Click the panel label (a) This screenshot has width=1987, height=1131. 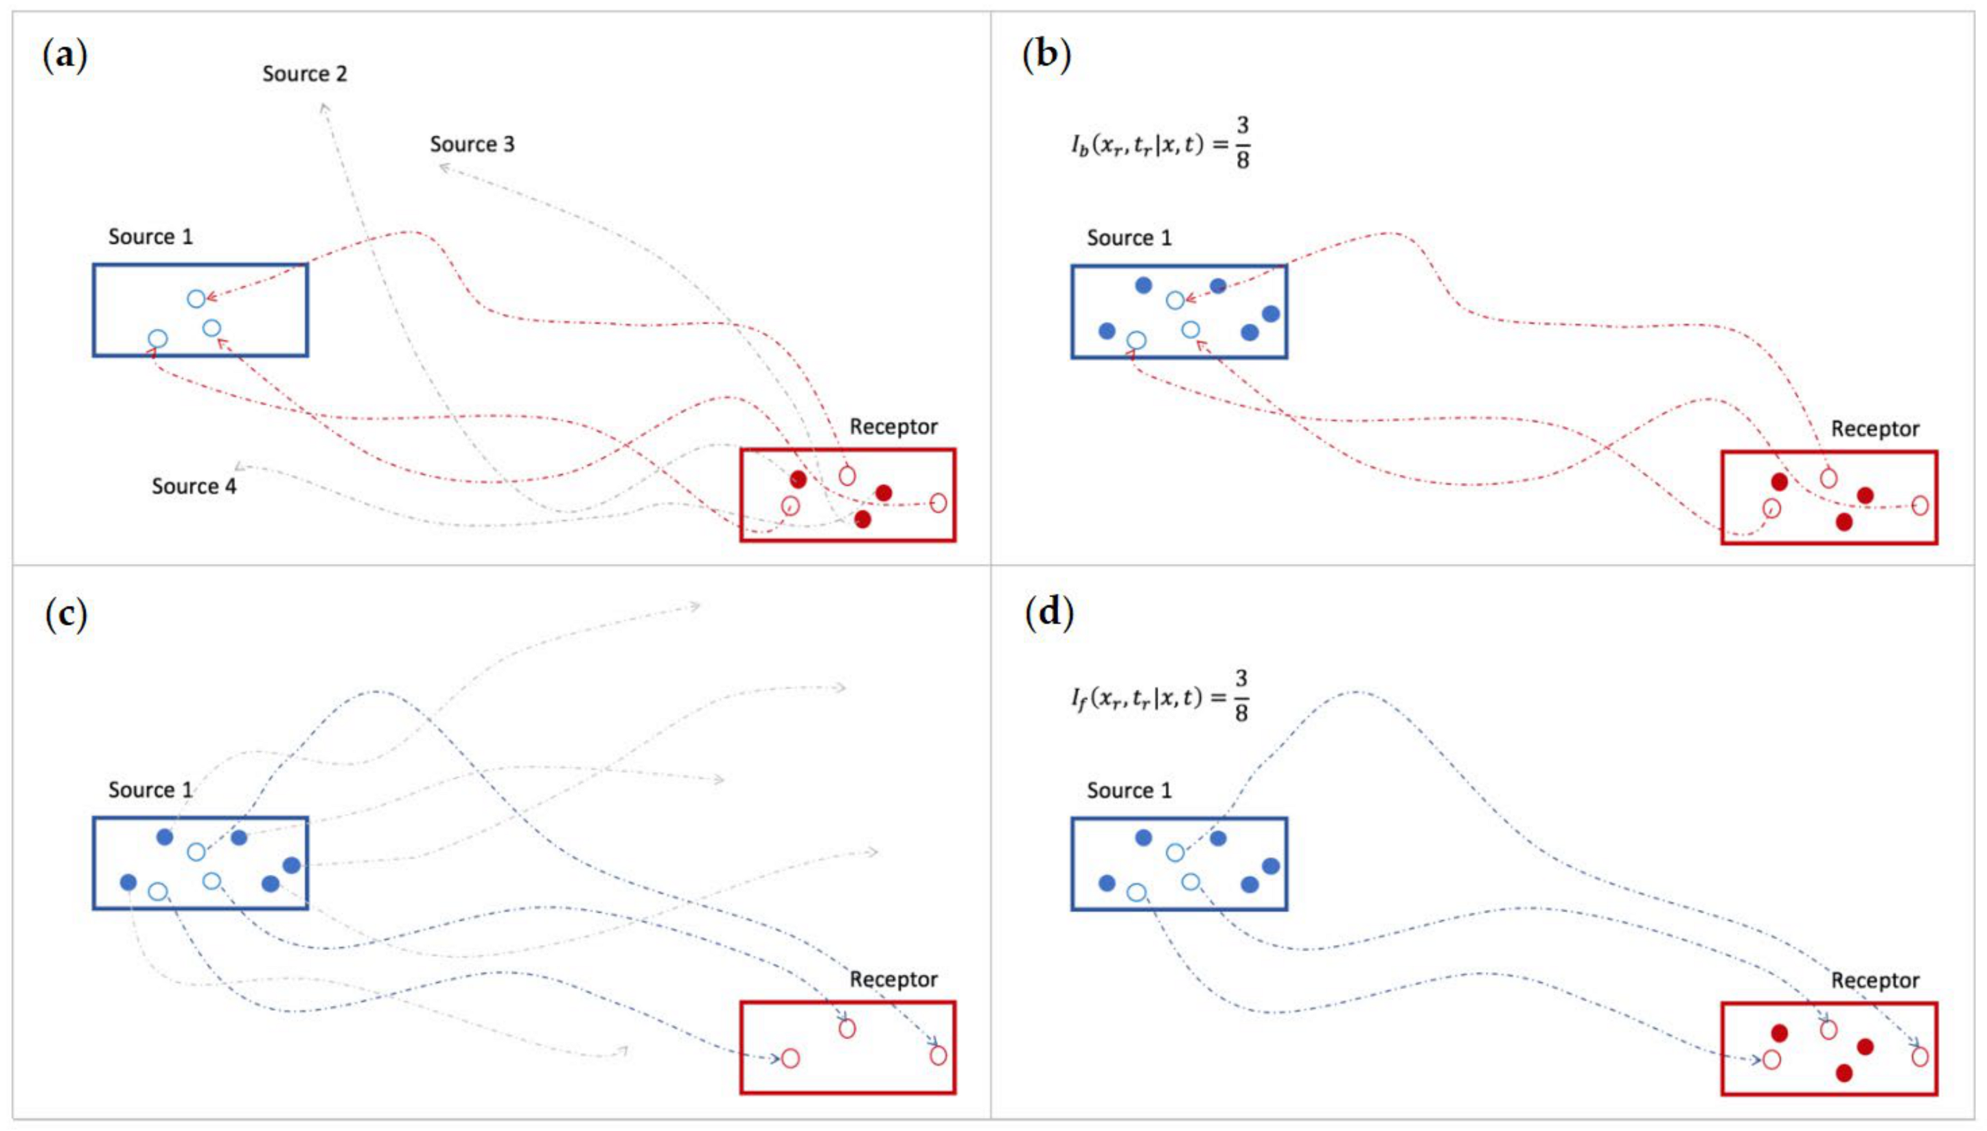(65, 57)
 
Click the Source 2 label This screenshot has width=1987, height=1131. (304, 74)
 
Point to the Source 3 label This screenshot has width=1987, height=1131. (472, 145)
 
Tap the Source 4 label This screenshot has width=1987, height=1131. (194, 487)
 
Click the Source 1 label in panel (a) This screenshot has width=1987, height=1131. (150, 237)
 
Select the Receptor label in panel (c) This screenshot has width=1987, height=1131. (893, 979)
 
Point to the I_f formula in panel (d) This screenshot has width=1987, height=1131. (1160, 697)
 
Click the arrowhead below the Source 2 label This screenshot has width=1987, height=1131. (325, 107)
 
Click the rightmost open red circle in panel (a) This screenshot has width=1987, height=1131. (938, 502)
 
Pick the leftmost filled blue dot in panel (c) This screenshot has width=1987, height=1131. (129, 882)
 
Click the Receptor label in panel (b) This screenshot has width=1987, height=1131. (1874, 429)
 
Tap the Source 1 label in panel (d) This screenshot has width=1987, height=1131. (1128, 791)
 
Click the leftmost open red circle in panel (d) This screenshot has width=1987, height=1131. (1771, 1060)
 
